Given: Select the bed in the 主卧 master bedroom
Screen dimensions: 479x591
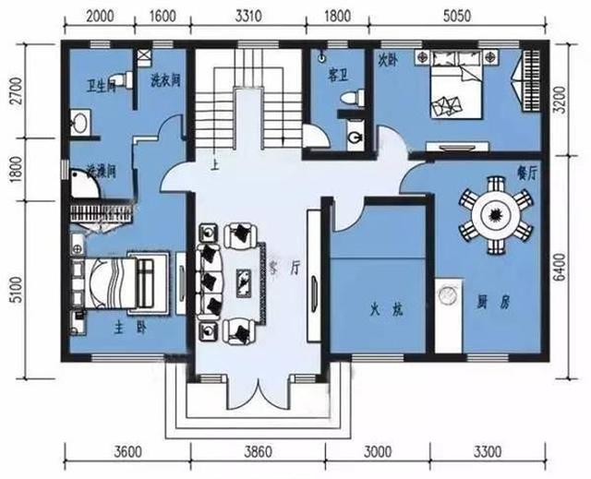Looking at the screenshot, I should [115, 282].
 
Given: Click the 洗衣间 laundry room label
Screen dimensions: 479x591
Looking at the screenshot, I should [164, 80].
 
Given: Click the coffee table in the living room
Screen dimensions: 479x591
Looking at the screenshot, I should [244, 280].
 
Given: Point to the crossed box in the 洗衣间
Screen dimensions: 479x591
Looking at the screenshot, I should [144, 55].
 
